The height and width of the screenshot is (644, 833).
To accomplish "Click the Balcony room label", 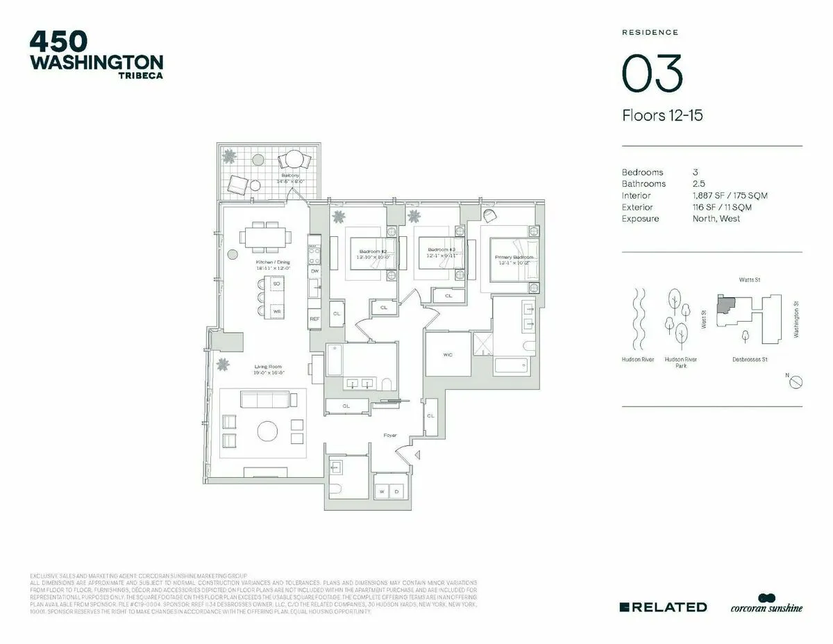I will pyautogui.click(x=290, y=176).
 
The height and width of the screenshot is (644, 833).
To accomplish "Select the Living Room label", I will pyautogui.click(x=267, y=367).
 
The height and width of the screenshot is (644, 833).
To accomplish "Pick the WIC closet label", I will pyautogui.click(x=448, y=355).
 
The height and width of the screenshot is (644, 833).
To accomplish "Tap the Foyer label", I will pyautogui.click(x=390, y=436).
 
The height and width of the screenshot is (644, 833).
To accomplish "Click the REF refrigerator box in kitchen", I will pyautogui.click(x=314, y=318).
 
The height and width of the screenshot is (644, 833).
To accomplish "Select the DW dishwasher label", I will pyautogui.click(x=314, y=271).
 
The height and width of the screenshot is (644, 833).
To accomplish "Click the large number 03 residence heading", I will pyautogui.click(x=652, y=73).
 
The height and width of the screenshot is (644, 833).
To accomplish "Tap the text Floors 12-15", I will pyautogui.click(x=662, y=115).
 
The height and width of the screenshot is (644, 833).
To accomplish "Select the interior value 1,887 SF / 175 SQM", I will pyautogui.click(x=730, y=196).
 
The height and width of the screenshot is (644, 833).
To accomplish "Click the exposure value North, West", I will pyautogui.click(x=716, y=219).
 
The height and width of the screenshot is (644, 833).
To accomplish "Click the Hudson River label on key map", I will pyautogui.click(x=638, y=360).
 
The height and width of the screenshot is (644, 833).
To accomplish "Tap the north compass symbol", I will pyautogui.click(x=797, y=382).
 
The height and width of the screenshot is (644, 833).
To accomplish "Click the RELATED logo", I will pyautogui.click(x=663, y=607).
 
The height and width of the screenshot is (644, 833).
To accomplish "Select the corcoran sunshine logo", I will pyautogui.click(x=766, y=604).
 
